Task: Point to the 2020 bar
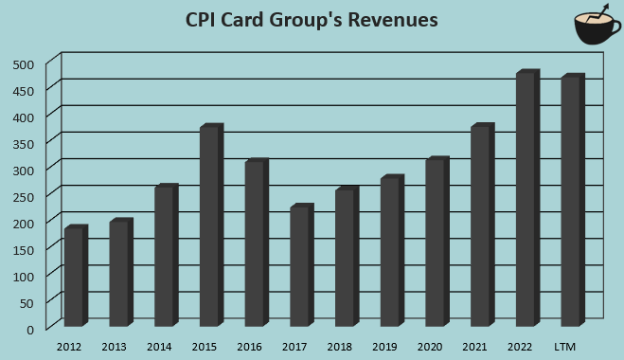[x=437, y=243]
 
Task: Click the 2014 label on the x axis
[x=159, y=347]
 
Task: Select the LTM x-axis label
[x=564, y=347]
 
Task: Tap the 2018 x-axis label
[x=339, y=347]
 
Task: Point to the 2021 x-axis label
[x=474, y=347]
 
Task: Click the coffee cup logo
[x=594, y=27]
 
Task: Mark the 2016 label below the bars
[x=249, y=347]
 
